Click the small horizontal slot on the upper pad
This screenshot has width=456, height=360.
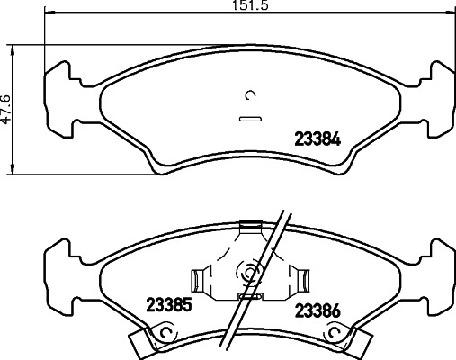tap(249, 117)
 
